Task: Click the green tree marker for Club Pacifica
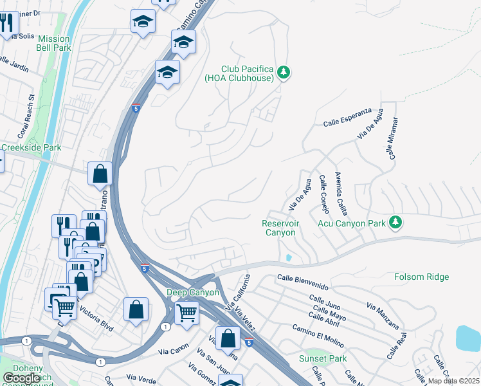(x=284, y=73)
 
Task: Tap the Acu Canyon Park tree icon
(x=396, y=223)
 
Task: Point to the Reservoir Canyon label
(x=280, y=228)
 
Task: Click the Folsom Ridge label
(x=422, y=277)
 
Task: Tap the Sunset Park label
(x=323, y=358)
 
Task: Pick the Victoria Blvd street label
(x=96, y=318)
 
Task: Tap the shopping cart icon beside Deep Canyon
(x=186, y=313)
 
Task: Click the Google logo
(x=21, y=378)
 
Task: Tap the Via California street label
(x=237, y=290)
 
